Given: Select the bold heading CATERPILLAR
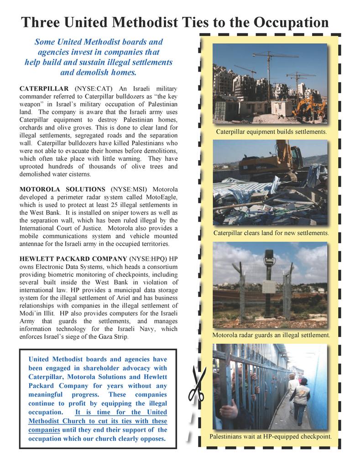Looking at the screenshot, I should pyautogui.click(x=44, y=88).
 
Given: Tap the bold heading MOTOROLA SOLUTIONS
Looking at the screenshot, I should pyautogui.click(x=62, y=189).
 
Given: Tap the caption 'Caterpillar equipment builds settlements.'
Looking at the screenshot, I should pyautogui.click(x=271, y=132).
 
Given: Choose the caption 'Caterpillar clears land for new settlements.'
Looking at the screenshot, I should pyautogui.click(x=271, y=233).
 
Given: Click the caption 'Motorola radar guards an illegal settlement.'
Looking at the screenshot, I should pyautogui.click(x=271, y=335).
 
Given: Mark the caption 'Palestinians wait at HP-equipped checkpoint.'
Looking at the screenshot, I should pyautogui.click(x=271, y=436).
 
